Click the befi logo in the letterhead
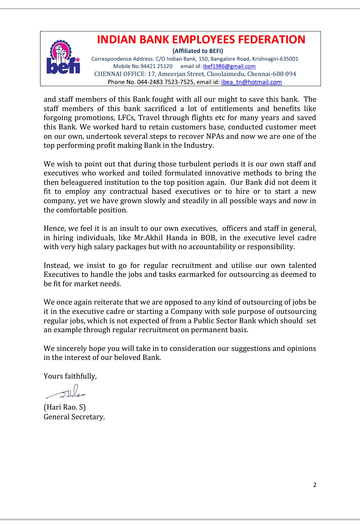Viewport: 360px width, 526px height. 63,57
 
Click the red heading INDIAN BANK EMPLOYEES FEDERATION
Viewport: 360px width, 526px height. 201,40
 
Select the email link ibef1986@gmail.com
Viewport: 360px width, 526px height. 229,66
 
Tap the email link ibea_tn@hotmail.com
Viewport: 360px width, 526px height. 251,82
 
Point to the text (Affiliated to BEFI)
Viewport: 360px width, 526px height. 198,51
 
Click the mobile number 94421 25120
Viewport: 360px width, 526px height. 156,66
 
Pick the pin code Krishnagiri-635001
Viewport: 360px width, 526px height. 275,59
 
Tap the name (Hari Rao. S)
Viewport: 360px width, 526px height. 65,407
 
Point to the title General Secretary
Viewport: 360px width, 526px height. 74,417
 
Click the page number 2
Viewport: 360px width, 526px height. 315,485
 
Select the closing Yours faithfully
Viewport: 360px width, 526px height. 70,376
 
